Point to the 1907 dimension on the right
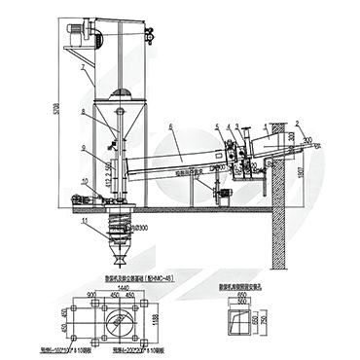(301, 173)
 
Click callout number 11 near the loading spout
(85, 222)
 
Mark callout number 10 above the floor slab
(84, 182)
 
